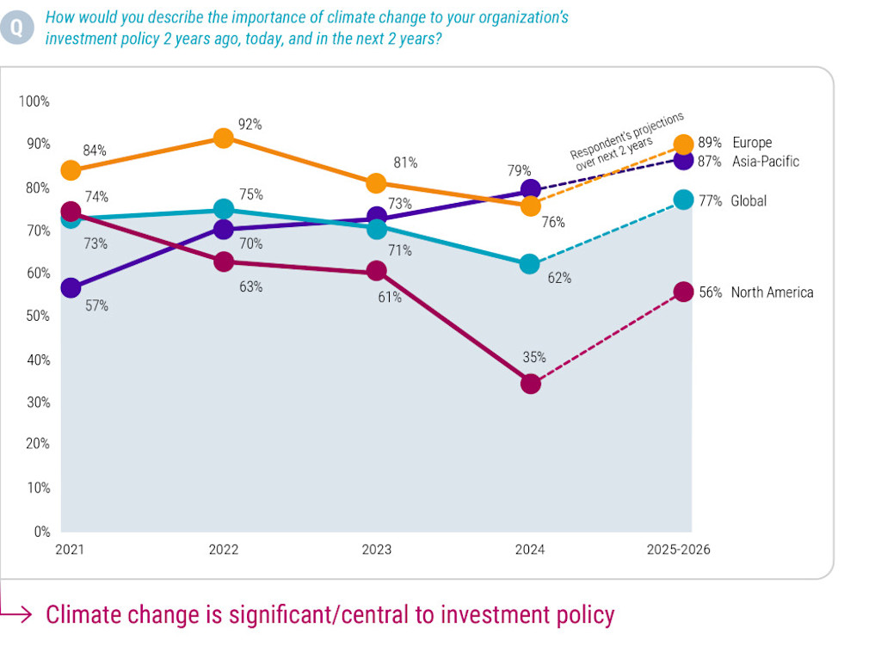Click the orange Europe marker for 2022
point(223,138)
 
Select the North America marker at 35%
point(531,384)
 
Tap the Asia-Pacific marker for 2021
point(71,287)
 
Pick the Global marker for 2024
point(531,263)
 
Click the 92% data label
point(250,125)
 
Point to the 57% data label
point(96,305)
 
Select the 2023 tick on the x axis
point(377,550)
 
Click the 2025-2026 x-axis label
point(679,550)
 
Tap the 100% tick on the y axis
point(34,102)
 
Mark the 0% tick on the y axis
point(42,532)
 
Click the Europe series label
point(752,143)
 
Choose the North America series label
point(772,292)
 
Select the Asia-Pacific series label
point(766,161)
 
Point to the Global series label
point(749,200)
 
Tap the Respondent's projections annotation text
point(627,136)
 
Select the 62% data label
point(560,278)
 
